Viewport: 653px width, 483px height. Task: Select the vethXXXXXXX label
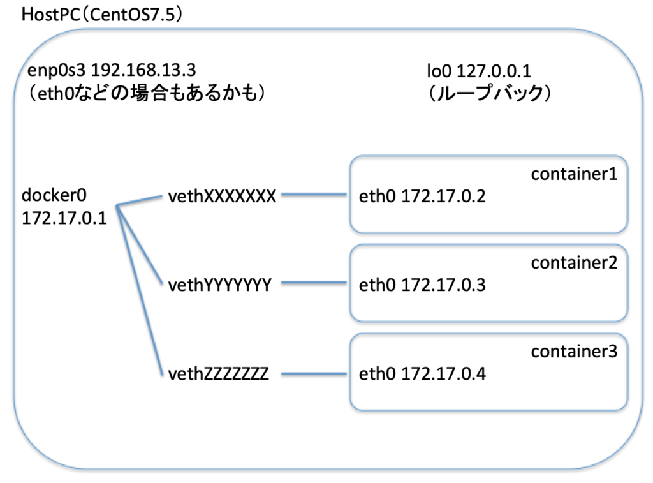pos(221,196)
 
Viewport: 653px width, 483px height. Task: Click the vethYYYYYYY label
pos(220,285)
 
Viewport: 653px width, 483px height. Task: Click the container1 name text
pos(574,174)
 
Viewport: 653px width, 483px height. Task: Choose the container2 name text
pos(574,263)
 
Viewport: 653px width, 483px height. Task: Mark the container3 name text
pos(574,352)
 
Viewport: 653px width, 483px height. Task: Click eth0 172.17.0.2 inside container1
pos(422,197)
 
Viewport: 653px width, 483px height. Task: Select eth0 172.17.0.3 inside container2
pos(422,285)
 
